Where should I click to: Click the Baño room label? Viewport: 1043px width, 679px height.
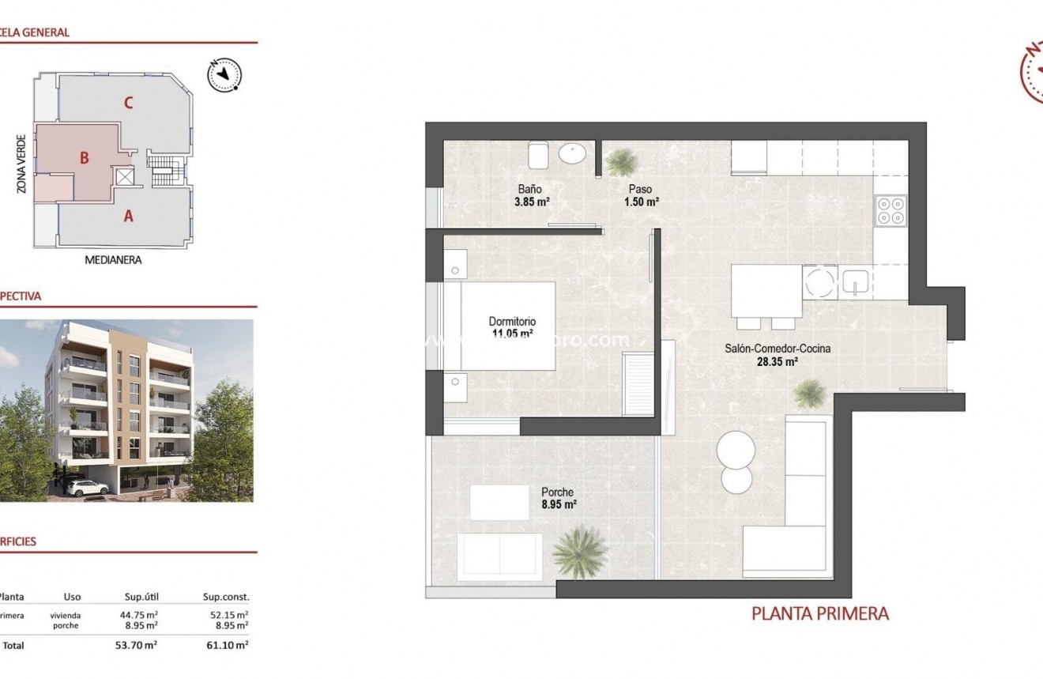coord(529,190)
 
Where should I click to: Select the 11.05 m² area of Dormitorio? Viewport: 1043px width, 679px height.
coord(512,334)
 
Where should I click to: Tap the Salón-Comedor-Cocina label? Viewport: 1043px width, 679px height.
coord(778,348)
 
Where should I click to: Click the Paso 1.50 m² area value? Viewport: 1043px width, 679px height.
coord(641,202)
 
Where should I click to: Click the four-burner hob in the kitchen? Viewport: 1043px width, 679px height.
coord(891,210)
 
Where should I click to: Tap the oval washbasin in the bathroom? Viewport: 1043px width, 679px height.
coord(572,153)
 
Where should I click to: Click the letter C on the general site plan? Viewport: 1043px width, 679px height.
coord(128,102)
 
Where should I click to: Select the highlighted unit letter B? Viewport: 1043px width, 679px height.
coord(84,157)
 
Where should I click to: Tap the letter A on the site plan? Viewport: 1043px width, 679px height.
coord(128,215)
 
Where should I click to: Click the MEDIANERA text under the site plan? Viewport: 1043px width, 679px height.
coord(113,259)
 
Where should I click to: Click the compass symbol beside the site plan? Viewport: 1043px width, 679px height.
coord(224,74)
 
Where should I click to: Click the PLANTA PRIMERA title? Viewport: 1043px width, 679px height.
coord(819,613)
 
